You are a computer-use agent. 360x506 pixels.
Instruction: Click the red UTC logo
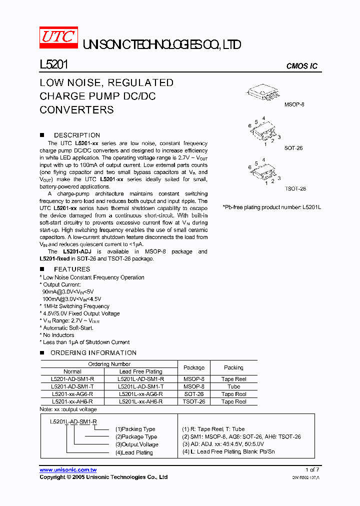click(x=58, y=37)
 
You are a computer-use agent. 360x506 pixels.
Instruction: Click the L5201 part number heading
click(x=53, y=64)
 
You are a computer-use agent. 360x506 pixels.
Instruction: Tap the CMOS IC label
click(x=301, y=66)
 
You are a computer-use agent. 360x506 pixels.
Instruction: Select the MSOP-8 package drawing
click(x=274, y=92)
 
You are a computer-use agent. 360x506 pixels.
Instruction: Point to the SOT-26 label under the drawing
click(x=293, y=148)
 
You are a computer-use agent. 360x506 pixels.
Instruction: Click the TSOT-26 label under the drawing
click(x=295, y=188)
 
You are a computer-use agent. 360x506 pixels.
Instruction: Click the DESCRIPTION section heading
click(x=76, y=135)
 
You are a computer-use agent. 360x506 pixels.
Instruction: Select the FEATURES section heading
click(x=71, y=269)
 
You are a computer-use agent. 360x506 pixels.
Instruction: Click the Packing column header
click(x=233, y=367)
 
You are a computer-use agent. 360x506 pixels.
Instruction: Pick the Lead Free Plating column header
click(x=140, y=371)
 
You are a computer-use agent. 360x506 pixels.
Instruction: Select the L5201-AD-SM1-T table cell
click(x=72, y=386)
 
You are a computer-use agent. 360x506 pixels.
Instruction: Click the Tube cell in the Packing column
click(x=233, y=386)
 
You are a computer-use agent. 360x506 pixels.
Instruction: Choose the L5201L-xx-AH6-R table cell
click(x=140, y=401)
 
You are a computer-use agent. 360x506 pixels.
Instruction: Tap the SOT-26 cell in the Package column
click(x=194, y=394)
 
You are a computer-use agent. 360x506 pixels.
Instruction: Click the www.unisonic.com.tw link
click(x=68, y=470)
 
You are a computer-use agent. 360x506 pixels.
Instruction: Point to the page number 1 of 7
click(x=311, y=470)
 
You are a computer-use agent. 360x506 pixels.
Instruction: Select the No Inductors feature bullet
click(x=58, y=335)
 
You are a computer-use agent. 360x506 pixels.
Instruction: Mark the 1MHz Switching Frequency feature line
click(x=76, y=306)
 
